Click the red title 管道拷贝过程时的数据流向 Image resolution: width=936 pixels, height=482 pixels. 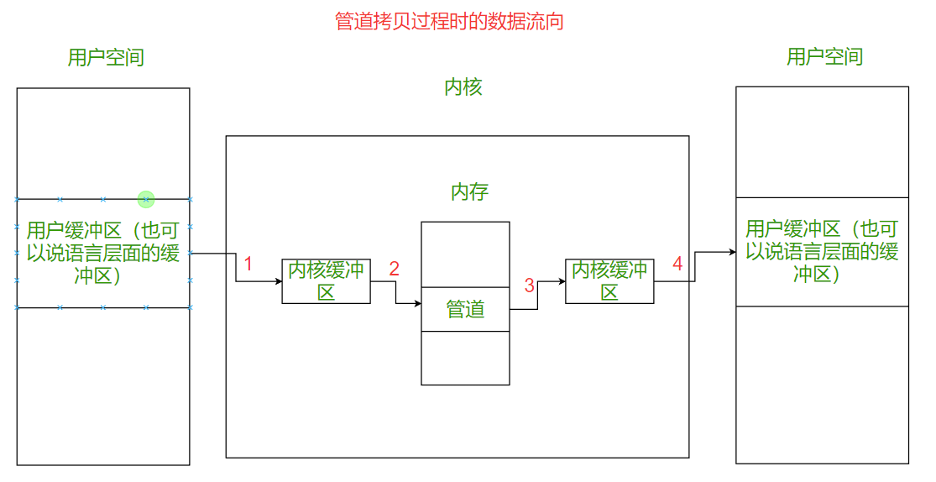point(449,21)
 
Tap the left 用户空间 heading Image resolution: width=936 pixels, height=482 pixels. point(106,57)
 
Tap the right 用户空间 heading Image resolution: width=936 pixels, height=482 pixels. point(824,56)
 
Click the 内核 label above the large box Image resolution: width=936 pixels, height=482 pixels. point(463,87)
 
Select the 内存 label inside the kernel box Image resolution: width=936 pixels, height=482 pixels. point(469,192)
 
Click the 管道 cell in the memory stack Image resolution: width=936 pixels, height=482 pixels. point(465,309)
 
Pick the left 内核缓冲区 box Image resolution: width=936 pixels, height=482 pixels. point(326,281)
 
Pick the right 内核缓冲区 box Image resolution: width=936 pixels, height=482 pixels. point(609,281)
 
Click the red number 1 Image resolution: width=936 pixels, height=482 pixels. point(248,264)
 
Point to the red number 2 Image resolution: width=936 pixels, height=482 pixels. point(394,269)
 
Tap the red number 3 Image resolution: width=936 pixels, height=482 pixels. point(529,286)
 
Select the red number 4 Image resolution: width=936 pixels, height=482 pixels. point(677,264)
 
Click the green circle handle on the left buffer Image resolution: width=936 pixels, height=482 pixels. point(146,199)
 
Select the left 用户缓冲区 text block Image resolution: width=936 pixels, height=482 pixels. point(102,253)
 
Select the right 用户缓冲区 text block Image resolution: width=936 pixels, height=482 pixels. point(822,251)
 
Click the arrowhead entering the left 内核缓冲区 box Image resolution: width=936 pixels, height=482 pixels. point(278,281)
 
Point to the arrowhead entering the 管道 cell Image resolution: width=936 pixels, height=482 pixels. point(417,304)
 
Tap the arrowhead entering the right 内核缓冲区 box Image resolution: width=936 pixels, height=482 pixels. point(562,281)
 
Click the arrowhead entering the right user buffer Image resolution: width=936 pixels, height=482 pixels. point(732,251)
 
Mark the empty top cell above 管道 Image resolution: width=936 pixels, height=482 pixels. point(465,254)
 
